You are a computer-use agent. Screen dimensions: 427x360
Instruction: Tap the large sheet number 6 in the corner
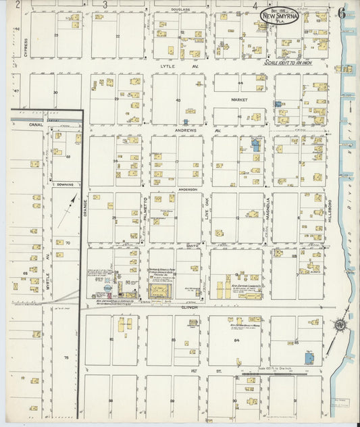click(x=342, y=11)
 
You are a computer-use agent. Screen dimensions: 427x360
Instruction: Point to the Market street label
click(x=240, y=99)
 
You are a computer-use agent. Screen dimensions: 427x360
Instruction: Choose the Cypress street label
click(x=26, y=46)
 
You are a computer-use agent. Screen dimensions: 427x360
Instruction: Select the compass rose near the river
click(x=340, y=325)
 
